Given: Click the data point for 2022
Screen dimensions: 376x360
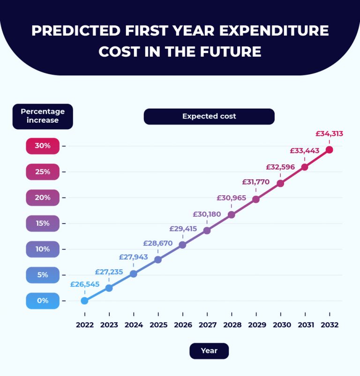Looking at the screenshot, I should (84, 301).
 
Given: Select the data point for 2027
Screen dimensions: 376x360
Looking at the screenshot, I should (207, 230).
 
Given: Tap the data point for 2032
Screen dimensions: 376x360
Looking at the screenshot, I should (329, 150).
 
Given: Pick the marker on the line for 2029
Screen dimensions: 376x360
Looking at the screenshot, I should (256, 199).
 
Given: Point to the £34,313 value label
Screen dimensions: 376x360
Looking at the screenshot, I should (329, 133).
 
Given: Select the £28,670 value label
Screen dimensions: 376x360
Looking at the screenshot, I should (158, 243).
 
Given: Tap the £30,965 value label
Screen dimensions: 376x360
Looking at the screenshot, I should (231, 198).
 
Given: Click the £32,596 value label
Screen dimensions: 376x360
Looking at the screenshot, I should (280, 167).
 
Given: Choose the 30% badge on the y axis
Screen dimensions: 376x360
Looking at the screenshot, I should (43, 146).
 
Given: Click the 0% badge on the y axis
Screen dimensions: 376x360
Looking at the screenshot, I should (43, 301).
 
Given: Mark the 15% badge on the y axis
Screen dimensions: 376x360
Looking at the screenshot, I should (43, 223).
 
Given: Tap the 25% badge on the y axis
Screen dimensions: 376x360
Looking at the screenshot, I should (43, 172).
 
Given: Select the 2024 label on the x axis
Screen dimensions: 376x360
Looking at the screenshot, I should (134, 324).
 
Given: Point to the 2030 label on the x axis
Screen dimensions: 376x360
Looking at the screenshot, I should (280, 324).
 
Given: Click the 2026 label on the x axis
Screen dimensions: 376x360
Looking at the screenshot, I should (182, 324).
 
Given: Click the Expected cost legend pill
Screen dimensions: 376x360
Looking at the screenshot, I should (209, 116).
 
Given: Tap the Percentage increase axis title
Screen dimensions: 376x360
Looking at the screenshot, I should (43, 116).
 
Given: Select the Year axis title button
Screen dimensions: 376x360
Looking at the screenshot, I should (209, 351).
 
